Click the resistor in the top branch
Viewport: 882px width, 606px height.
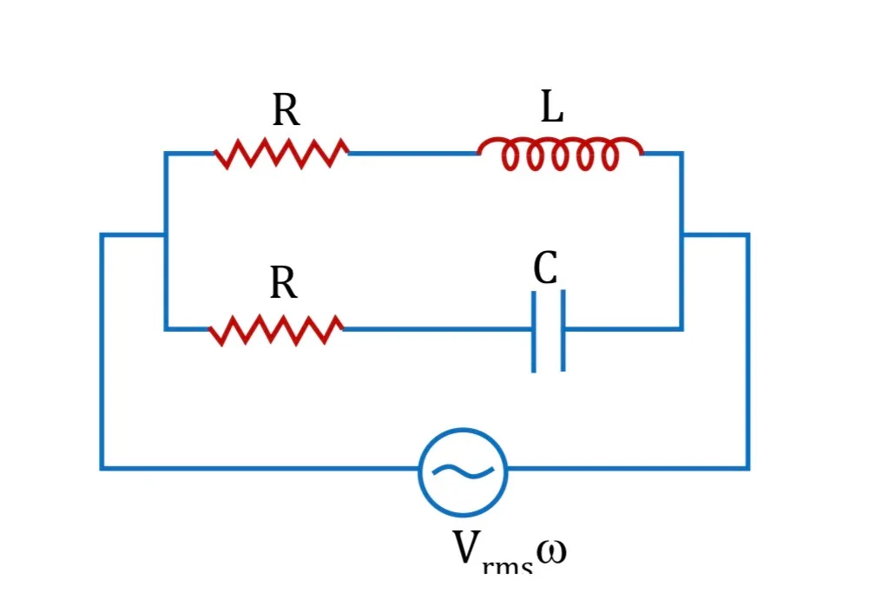click(281, 153)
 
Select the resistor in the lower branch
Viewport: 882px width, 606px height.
click(276, 330)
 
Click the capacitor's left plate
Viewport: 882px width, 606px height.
click(533, 332)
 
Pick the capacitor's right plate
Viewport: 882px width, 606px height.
click(563, 330)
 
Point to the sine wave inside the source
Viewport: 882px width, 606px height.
click(463, 471)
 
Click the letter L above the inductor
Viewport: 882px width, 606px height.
click(552, 106)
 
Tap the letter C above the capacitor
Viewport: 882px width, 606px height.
click(546, 267)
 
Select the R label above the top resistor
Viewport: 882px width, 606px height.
click(286, 109)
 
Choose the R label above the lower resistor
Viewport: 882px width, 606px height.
click(284, 282)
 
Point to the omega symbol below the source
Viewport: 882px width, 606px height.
click(551, 552)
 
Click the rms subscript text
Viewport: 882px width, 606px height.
click(507, 565)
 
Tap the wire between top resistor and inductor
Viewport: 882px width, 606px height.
click(413, 153)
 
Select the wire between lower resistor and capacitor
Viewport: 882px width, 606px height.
click(438, 329)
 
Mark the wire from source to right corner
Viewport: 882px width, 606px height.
click(628, 468)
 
